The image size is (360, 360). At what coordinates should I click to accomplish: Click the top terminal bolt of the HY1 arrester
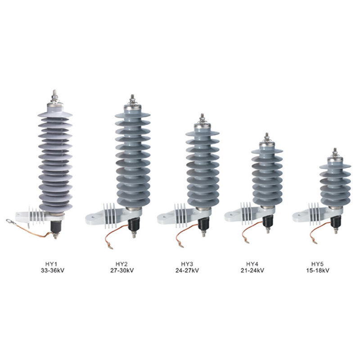[55, 95]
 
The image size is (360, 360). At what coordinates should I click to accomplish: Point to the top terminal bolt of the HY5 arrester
[335, 152]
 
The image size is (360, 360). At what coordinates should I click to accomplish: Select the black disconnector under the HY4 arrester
[268, 220]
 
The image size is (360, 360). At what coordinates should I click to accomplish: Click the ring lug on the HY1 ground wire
[9, 220]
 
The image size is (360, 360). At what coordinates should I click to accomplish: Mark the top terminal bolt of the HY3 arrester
[202, 118]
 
